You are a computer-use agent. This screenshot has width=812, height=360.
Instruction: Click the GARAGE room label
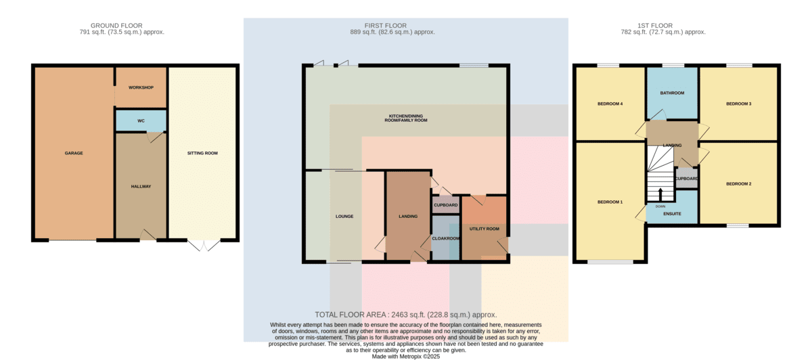[x=74, y=154]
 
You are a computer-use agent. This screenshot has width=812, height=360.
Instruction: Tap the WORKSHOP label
[x=141, y=88]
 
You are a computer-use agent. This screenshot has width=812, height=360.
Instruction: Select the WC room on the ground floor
[x=141, y=120]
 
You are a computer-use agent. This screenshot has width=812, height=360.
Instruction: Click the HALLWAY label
[x=141, y=187]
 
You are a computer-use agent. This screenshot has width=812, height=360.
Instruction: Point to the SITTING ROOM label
[x=202, y=154]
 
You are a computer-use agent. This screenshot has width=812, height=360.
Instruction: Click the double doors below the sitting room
[x=204, y=246]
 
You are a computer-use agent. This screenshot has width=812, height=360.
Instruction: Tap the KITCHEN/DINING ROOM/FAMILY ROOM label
[x=406, y=118]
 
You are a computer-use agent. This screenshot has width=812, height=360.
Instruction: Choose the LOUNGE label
[x=344, y=217]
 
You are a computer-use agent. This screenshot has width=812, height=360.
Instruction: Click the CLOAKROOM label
[x=446, y=239]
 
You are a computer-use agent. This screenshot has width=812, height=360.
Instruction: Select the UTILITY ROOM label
[x=484, y=229]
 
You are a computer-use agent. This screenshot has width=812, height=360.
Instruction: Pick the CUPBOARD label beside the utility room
[x=446, y=205]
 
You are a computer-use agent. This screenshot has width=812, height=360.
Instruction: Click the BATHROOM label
[x=672, y=93]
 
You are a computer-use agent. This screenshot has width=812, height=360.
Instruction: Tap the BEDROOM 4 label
[x=610, y=104]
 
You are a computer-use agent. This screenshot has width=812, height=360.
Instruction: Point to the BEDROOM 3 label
[x=739, y=104]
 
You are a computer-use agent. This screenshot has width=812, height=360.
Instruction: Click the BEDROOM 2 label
[x=739, y=184]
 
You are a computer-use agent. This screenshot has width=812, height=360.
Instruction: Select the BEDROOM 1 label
[x=610, y=202]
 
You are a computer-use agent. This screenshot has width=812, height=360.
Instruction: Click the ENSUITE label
[x=672, y=214]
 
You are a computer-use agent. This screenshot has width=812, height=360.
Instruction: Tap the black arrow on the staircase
[x=660, y=195]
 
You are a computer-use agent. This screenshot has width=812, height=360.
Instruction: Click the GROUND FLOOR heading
[x=116, y=26]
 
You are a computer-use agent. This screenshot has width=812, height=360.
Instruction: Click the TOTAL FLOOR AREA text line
[x=405, y=315]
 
